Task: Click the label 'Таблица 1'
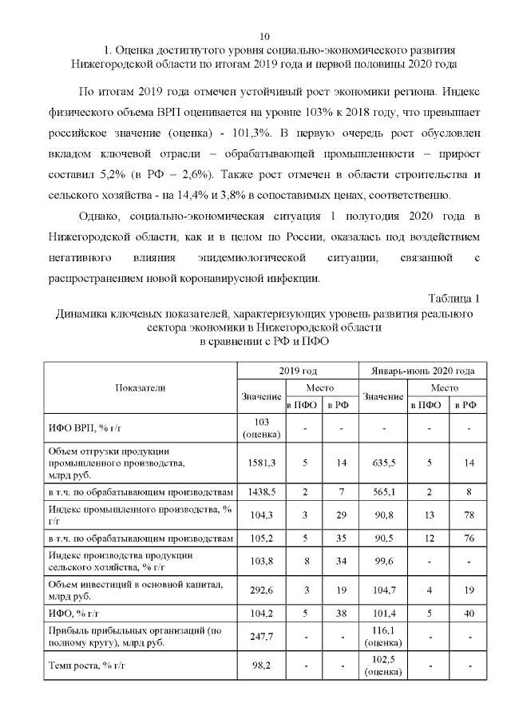[x=453, y=298]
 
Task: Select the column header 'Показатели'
[x=141, y=387]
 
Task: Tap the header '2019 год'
[x=298, y=371]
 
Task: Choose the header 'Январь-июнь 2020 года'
[x=423, y=371]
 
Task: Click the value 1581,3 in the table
[x=261, y=462]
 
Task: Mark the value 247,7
[x=261, y=637]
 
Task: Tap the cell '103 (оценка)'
[x=261, y=428]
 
